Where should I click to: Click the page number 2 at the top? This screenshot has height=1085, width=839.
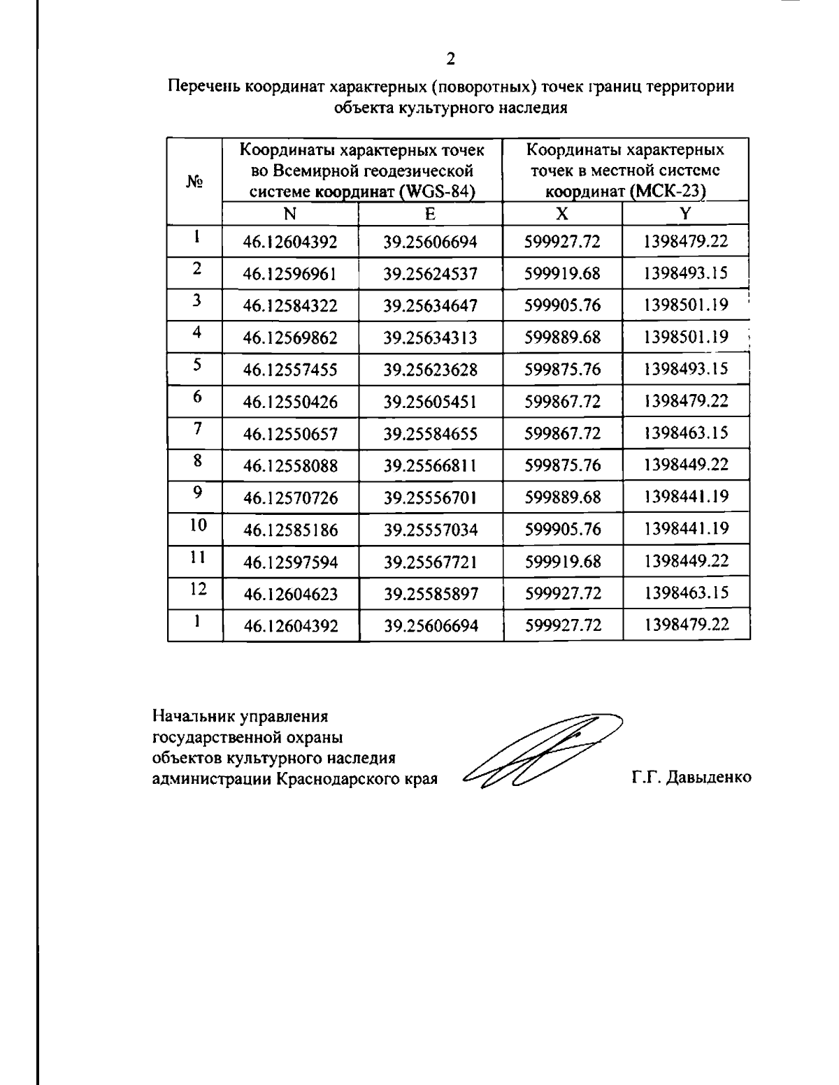(451, 58)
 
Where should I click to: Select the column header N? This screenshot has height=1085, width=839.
(289, 214)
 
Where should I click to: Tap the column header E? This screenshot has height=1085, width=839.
(430, 214)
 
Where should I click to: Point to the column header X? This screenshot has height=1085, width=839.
(562, 214)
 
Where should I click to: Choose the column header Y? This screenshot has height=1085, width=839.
(686, 214)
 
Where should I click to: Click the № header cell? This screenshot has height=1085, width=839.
(195, 181)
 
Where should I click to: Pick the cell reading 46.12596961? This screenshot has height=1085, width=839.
(290, 274)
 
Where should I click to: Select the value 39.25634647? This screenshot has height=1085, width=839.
(430, 306)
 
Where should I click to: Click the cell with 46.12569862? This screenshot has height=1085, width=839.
(290, 338)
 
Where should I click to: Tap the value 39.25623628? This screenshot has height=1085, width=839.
(430, 370)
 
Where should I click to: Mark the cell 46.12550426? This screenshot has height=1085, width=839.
(290, 402)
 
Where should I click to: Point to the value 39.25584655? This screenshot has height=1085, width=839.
(430, 435)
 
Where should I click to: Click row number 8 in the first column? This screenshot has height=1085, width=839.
(197, 460)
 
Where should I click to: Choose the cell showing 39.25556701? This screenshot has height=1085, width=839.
(430, 498)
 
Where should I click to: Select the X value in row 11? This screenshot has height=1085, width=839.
(563, 562)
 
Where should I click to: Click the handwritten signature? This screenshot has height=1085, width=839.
(538, 751)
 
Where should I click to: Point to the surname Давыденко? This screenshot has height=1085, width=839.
(710, 778)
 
